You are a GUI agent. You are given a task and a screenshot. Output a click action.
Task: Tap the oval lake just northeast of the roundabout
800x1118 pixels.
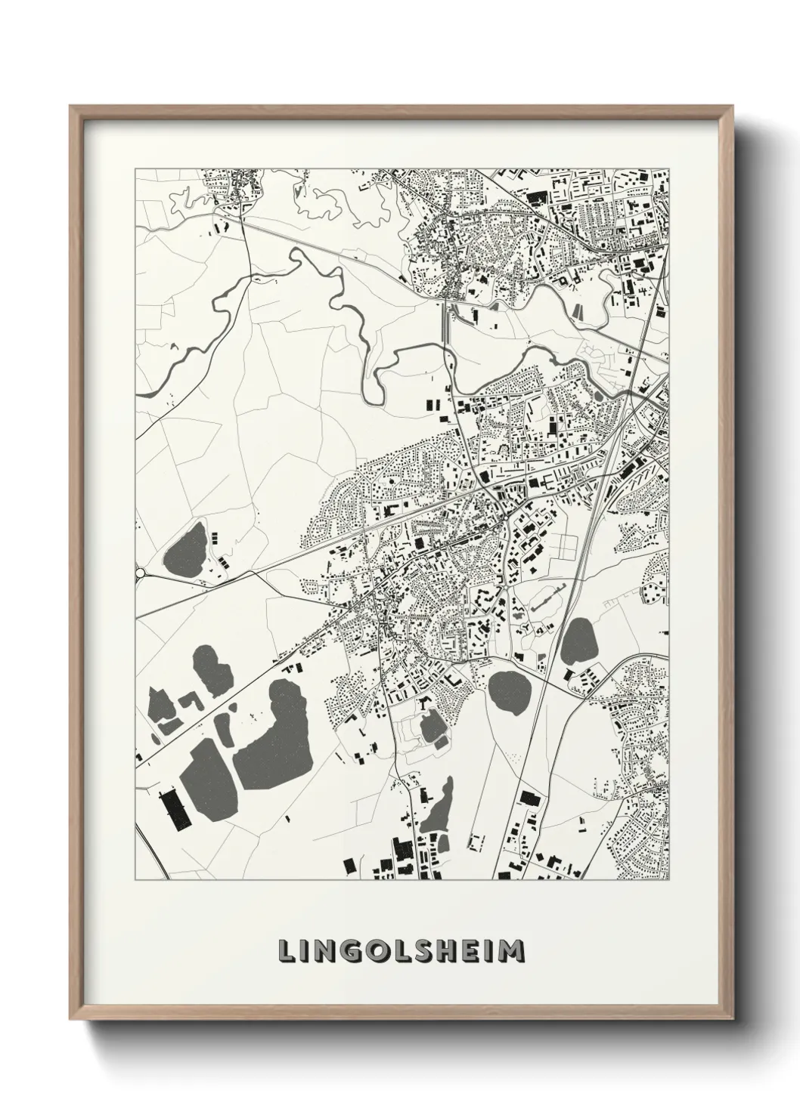coord(183,549)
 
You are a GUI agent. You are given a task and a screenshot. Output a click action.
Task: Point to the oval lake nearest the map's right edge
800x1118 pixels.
coord(580,641)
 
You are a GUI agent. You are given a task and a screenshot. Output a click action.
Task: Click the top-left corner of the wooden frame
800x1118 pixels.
coord(71,107)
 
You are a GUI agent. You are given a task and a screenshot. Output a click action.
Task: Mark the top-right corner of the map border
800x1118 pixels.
coord(670,168)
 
